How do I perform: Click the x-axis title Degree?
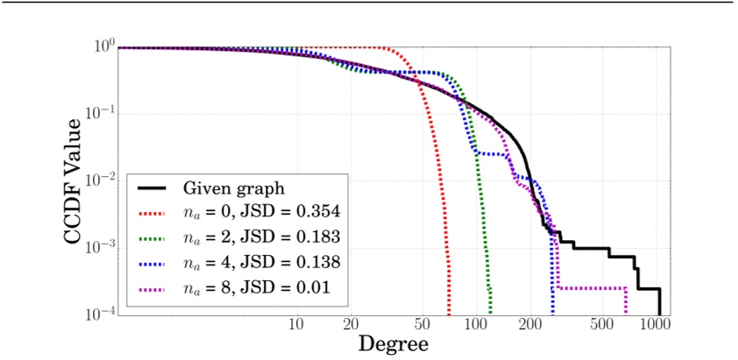pos(393,343)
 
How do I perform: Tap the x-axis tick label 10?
pos(296,325)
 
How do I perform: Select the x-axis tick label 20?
pos(351,325)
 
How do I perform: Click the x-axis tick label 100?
pos(477,325)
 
